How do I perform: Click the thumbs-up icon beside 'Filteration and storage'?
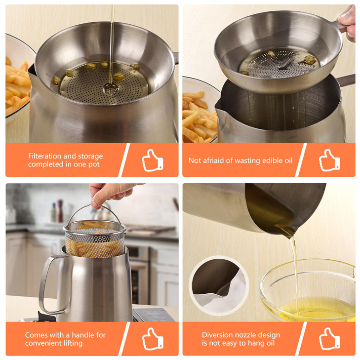pyautogui.click(x=153, y=160)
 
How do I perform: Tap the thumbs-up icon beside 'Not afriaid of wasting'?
pyautogui.click(x=329, y=160)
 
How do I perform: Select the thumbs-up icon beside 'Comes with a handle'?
pyautogui.click(x=153, y=339)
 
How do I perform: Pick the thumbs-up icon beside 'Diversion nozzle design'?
pyautogui.click(x=329, y=339)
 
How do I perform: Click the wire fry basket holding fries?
pyautogui.click(x=94, y=240)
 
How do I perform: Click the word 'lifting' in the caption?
pyautogui.click(x=71, y=343)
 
